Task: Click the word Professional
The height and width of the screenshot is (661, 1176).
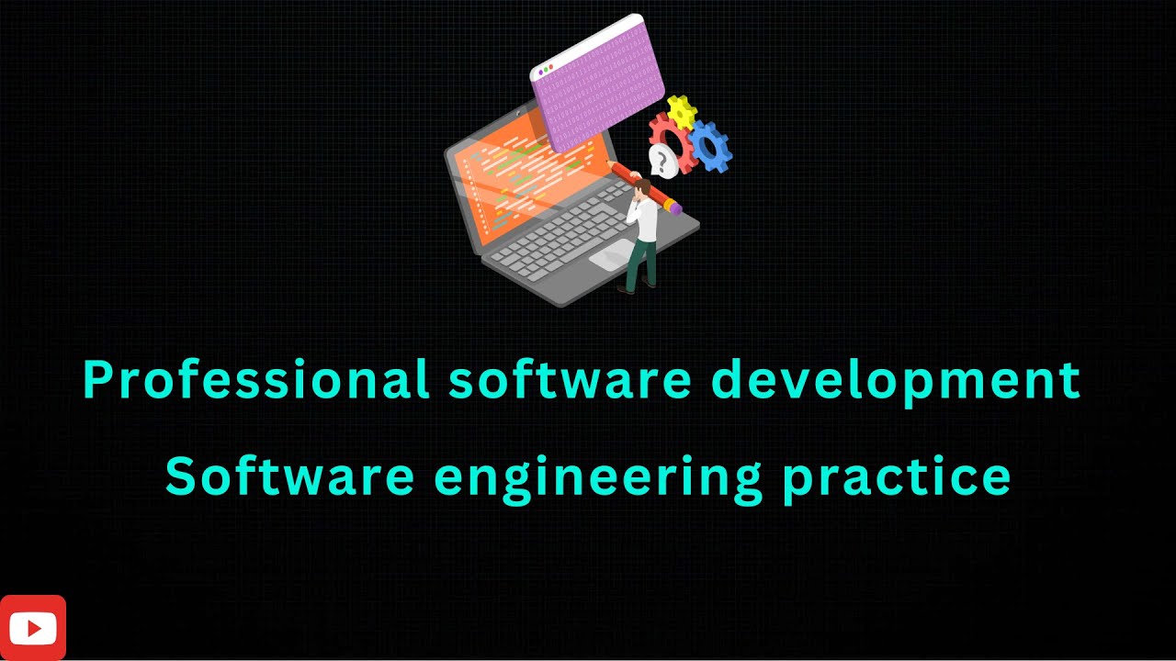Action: pyautogui.click(x=255, y=379)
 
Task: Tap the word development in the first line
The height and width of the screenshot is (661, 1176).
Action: pyautogui.click(x=896, y=379)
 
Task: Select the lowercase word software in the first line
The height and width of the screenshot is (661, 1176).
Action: pyautogui.click(x=570, y=379)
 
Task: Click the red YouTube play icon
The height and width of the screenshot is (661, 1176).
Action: pyautogui.click(x=33, y=628)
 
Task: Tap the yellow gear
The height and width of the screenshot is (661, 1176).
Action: pyautogui.click(x=681, y=111)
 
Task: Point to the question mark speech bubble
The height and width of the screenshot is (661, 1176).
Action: pyautogui.click(x=661, y=162)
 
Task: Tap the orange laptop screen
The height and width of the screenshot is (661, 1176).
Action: pyautogui.click(x=514, y=174)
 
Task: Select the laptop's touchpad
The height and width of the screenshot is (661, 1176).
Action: pyautogui.click(x=611, y=255)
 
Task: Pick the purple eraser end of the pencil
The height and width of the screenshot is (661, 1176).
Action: pyautogui.click(x=675, y=208)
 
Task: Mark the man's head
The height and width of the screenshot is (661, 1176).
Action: pyautogui.click(x=640, y=189)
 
